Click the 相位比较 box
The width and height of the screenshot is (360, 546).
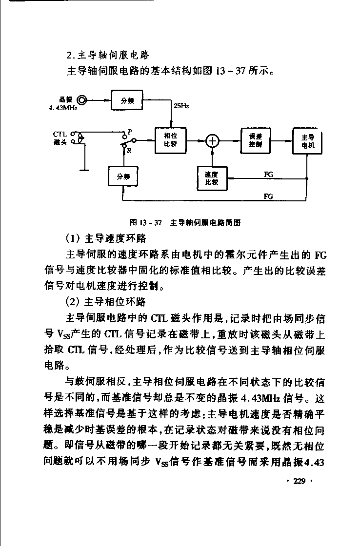[x=170, y=140]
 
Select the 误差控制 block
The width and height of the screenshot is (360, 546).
[x=256, y=141]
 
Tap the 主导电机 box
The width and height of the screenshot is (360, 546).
[x=307, y=141]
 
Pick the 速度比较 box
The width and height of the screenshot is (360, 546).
[x=212, y=178]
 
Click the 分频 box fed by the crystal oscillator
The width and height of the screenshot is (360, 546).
[x=127, y=100]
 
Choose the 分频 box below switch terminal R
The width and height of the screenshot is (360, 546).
[x=123, y=176]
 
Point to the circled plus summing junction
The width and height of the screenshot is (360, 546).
[x=212, y=141]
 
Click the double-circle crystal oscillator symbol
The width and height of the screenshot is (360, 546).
[x=82, y=100]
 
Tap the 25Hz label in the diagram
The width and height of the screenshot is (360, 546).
[x=181, y=106]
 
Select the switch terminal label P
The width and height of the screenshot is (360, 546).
[x=130, y=132]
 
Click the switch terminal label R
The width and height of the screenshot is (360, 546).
[x=129, y=151]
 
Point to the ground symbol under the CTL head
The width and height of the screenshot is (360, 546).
[x=84, y=170]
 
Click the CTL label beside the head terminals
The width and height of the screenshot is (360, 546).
[x=60, y=134]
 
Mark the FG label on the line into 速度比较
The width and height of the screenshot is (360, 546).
[x=268, y=175]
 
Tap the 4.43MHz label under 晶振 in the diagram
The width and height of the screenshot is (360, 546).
[x=63, y=108]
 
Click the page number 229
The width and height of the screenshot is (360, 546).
[x=300, y=481]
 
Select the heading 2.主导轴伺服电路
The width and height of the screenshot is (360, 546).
[x=108, y=55]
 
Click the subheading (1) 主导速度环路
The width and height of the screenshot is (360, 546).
[x=106, y=238]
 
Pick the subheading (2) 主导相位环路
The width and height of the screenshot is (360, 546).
[x=106, y=302]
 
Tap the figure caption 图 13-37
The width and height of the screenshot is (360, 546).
[x=146, y=222]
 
